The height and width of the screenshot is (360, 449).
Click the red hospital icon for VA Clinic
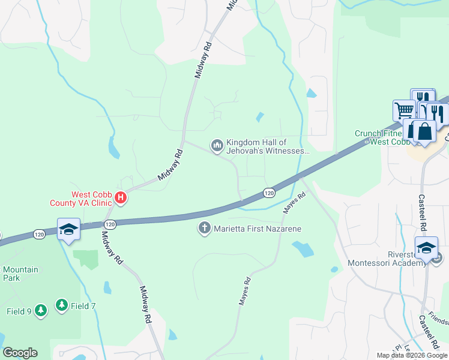(x=121, y=197)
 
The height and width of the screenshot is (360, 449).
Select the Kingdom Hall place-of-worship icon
(x=216, y=145)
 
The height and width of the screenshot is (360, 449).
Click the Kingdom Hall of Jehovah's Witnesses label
(x=267, y=146)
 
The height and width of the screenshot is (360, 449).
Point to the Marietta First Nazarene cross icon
(x=204, y=228)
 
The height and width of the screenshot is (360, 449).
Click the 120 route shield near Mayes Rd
(x=269, y=193)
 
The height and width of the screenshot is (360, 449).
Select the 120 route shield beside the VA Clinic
(x=109, y=224)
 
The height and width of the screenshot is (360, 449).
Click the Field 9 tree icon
(x=40, y=310)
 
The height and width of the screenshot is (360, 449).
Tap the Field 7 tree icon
(x=62, y=306)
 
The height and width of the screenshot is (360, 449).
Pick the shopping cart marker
(x=404, y=110)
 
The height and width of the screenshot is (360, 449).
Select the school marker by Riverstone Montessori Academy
(x=426, y=247)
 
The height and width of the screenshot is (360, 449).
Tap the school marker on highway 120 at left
(x=68, y=229)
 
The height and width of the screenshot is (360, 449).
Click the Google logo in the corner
(x=20, y=353)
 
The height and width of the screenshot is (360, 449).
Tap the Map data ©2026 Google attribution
(x=412, y=355)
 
